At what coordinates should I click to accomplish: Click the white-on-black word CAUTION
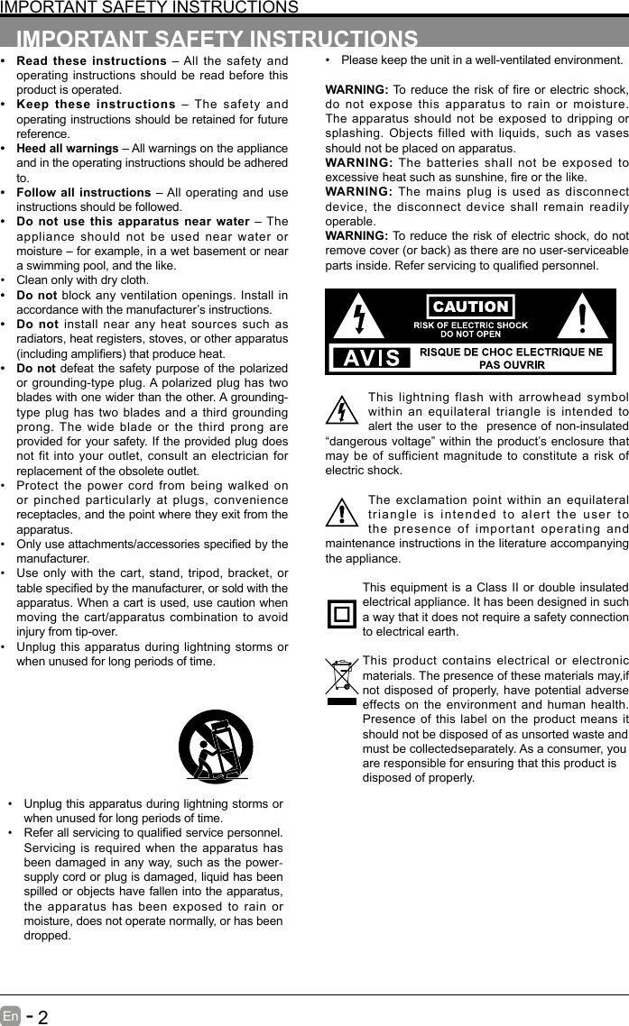(x=470, y=307)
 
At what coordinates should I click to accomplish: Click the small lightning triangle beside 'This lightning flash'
(x=342, y=411)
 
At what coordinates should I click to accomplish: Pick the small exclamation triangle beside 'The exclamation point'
(x=342, y=513)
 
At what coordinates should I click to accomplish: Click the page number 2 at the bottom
(x=42, y=1017)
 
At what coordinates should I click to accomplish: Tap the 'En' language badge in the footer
(x=11, y=1016)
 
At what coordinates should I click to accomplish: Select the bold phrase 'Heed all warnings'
(x=68, y=148)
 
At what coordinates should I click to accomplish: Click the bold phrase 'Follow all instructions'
(x=84, y=192)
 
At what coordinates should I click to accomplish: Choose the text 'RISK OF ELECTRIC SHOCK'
(x=470, y=325)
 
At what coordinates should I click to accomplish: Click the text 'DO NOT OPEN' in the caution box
(x=470, y=334)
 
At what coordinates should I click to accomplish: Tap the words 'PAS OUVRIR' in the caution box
(x=512, y=364)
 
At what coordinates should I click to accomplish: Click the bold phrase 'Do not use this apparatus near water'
(x=133, y=221)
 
